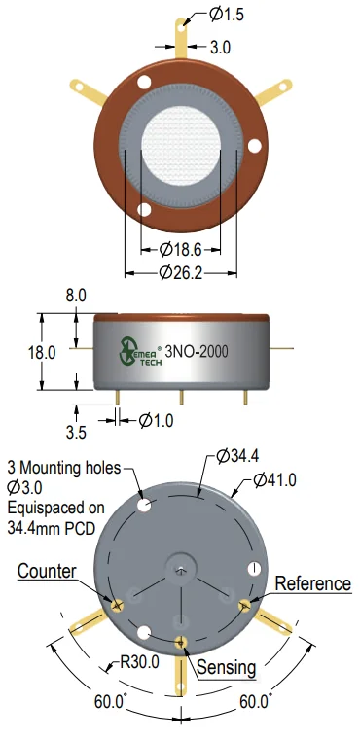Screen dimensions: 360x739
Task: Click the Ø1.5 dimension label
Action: coord(226,15)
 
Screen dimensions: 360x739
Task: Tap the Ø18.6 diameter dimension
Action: coord(181,250)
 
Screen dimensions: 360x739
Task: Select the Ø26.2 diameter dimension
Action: coord(181,272)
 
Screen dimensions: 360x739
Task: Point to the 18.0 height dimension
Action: coord(43,352)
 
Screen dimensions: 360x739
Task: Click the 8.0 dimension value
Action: coord(76,296)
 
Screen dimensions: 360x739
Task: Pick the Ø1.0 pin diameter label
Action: coord(157,420)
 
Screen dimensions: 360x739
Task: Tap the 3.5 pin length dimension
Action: coord(77,432)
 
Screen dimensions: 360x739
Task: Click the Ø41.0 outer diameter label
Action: coord(274,480)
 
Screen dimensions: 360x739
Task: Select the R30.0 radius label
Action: coord(139,662)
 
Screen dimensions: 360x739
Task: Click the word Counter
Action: coord(47,571)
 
